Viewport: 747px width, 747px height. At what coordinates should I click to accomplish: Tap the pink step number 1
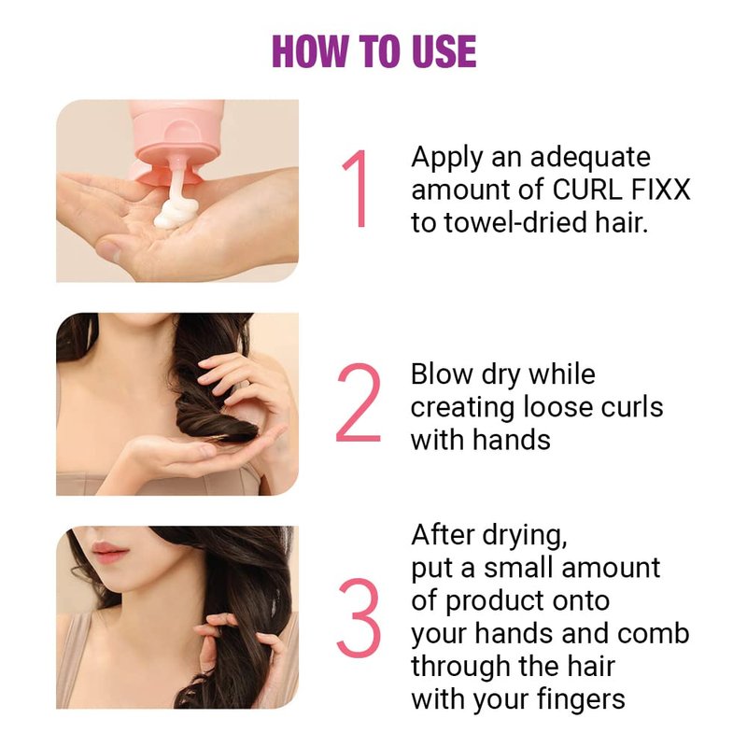[x=356, y=189]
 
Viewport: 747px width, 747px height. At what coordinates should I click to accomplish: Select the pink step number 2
[x=359, y=403]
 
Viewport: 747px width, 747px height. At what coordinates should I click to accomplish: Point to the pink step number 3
[x=359, y=618]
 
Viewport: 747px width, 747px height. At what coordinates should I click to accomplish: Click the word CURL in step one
[x=587, y=190]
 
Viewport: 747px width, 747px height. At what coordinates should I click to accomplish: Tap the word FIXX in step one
[x=660, y=190]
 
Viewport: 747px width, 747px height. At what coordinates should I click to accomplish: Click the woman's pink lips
[x=108, y=550]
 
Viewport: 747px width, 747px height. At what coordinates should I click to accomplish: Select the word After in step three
[x=443, y=534]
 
